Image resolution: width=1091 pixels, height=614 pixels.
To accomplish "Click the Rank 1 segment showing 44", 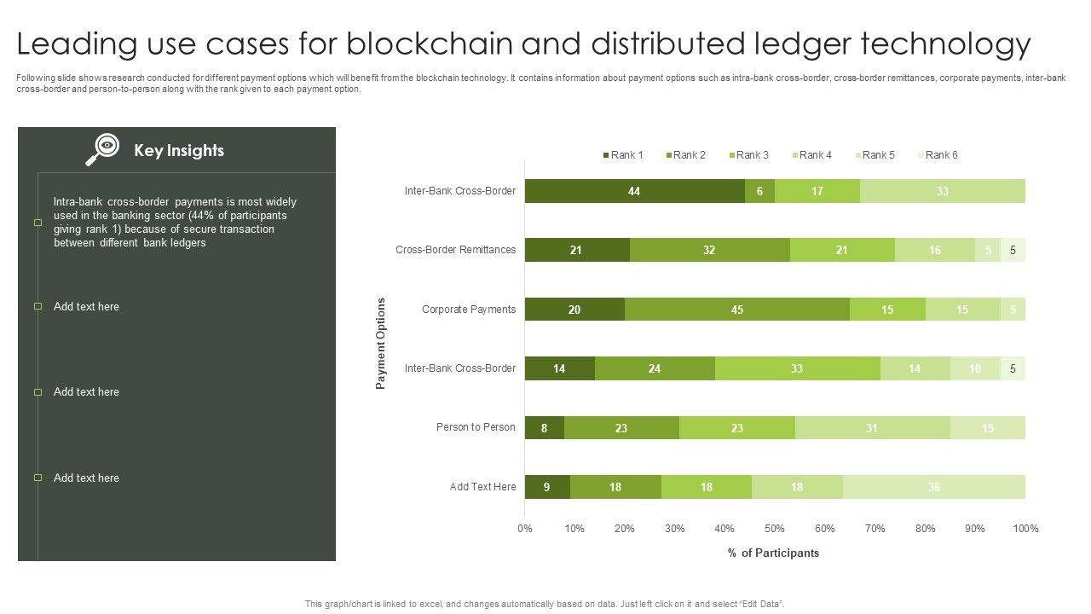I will click(634, 191).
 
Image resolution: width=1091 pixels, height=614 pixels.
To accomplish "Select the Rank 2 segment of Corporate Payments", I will click(736, 310).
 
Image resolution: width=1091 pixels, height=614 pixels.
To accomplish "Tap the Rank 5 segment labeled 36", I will click(933, 487).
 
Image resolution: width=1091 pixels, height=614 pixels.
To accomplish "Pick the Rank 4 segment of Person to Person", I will click(872, 428).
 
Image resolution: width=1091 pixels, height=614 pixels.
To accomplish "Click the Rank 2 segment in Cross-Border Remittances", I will click(709, 250).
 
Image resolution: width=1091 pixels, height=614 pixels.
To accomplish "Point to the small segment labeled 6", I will click(759, 191).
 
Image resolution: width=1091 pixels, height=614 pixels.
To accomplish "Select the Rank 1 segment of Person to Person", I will click(544, 428).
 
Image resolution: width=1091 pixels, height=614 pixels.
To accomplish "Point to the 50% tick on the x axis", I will click(775, 529).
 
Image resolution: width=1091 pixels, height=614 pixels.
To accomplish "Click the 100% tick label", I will click(1025, 529).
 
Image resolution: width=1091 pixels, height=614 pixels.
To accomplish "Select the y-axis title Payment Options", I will click(381, 344).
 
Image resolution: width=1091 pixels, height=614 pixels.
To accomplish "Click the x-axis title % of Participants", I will click(773, 553).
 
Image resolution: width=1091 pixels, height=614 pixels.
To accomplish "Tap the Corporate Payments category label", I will click(468, 310).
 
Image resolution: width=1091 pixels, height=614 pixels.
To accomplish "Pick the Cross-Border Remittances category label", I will click(455, 250).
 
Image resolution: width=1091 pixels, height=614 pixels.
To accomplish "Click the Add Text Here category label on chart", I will click(482, 487).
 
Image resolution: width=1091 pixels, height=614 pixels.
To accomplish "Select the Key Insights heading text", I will click(178, 151).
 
